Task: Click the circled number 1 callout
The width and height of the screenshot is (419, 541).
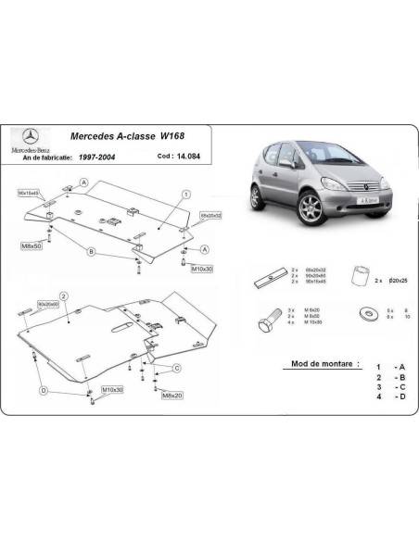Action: [x=185, y=194]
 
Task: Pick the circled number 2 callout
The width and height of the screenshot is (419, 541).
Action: [x=63, y=295]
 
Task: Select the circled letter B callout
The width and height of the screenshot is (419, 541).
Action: [x=91, y=251]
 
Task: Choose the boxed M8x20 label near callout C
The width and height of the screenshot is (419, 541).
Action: [x=172, y=396]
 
